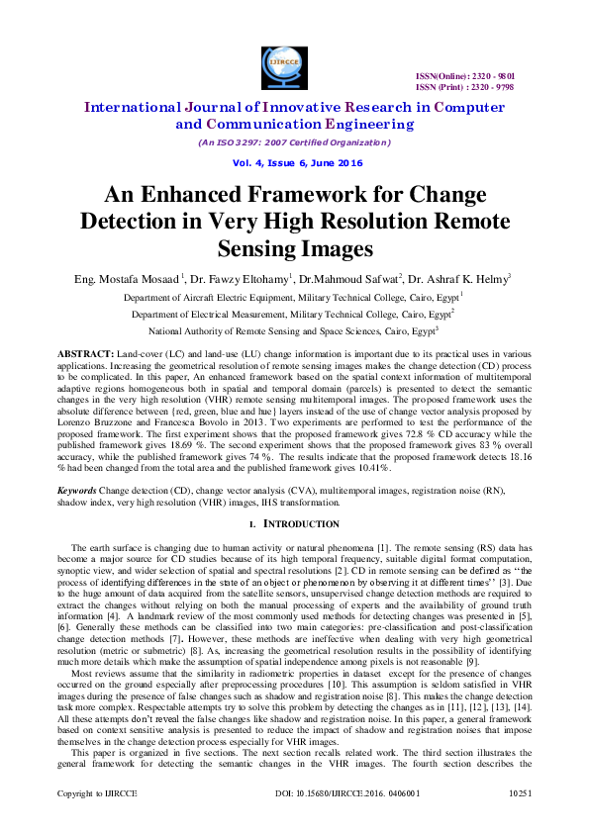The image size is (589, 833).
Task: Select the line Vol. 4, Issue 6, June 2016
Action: [294, 162]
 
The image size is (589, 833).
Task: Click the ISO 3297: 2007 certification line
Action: [294, 142]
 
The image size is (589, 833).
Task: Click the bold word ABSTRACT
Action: [78, 353]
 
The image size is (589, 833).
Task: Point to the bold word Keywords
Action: [76, 490]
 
